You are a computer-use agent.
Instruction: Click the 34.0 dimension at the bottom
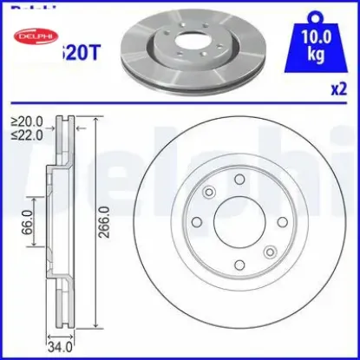tap(58, 346)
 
